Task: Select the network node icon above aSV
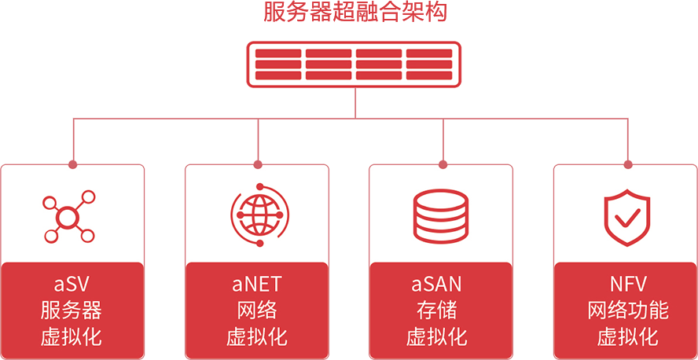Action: (x=68, y=215)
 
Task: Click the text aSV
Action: (x=71, y=284)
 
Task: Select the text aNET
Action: (x=256, y=284)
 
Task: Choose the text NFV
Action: (x=627, y=284)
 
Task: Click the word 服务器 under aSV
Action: (x=71, y=310)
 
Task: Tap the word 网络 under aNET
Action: (x=256, y=310)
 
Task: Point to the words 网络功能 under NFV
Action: (x=627, y=310)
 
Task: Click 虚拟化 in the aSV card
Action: (x=71, y=338)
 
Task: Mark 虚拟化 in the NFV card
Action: (x=627, y=338)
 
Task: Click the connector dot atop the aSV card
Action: (x=72, y=163)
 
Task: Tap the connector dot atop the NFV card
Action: (x=626, y=163)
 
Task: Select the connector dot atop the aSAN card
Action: (x=442, y=163)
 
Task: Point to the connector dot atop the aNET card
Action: (x=257, y=163)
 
